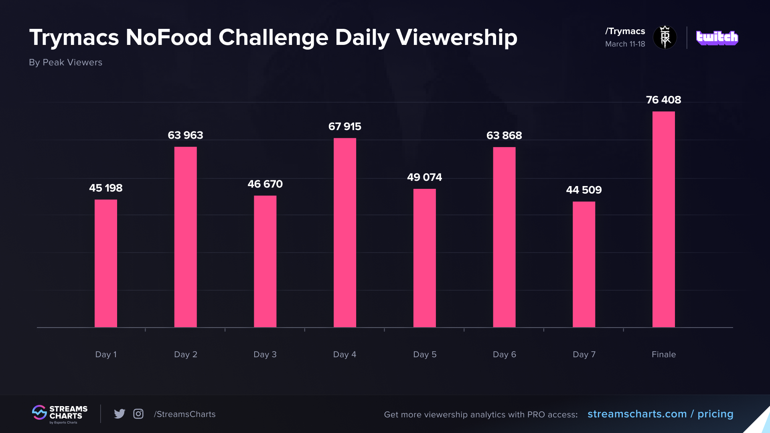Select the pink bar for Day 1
point(106,263)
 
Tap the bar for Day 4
point(344,233)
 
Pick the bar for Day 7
point(584,264)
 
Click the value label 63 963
point(185,135)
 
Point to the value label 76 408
point(663,100)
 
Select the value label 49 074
point(424,177)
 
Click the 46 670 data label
point(265,184)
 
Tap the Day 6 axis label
point(504,354)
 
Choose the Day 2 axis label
point(185,354)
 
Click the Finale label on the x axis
point(663,354)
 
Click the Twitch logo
point(717,38)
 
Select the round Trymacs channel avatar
point(665,37)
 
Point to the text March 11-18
point(625,44)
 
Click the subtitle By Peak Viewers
point(65,63)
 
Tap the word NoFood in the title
point(168,38)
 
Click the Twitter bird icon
point(120,414)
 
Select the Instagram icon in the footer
point(138,414)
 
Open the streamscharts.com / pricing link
point(660,414)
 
